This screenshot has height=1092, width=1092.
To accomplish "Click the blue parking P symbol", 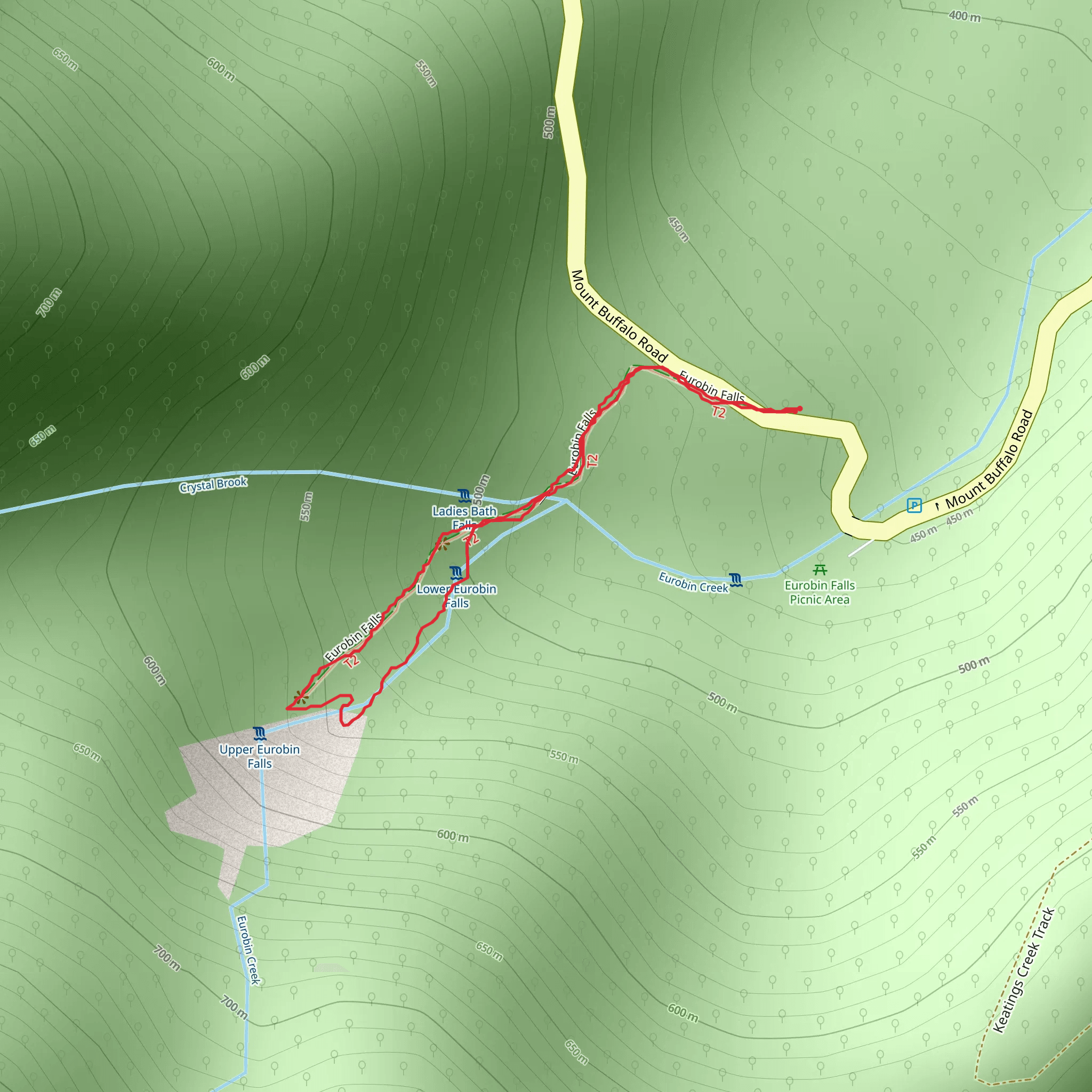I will pyautogui.click(x=914, y=505).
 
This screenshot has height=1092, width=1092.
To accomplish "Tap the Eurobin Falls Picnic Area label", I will pyautogui.click(x=820, y=592).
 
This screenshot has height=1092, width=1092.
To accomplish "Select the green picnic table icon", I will pyautogui.click(x=820, y=570).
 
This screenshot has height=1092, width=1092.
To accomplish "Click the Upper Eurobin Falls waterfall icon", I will pyautogui.click(x=260, y=734).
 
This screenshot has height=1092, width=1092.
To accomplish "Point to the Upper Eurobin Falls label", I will pyautogui.click(x=260, y=756).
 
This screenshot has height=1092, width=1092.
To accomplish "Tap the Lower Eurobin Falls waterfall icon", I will pyautogui.click(x=456, y=574).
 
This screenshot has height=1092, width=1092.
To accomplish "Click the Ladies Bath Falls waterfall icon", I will pyautogui.click(x=464, y=496).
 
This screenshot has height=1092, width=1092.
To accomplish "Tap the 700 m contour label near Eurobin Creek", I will pyautogui.click(x=234, y=1008).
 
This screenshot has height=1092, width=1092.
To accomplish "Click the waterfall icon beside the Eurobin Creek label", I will pyautogui.click(x=735, y=581).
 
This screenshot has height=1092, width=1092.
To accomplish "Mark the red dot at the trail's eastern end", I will pyautogui.click(x=800, y=408).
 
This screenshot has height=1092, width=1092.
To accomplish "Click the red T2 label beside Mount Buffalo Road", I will pyautogui.click(x=718, y=412).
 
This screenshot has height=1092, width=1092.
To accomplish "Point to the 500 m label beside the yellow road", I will pyautogui.click(x=549, y=122).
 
